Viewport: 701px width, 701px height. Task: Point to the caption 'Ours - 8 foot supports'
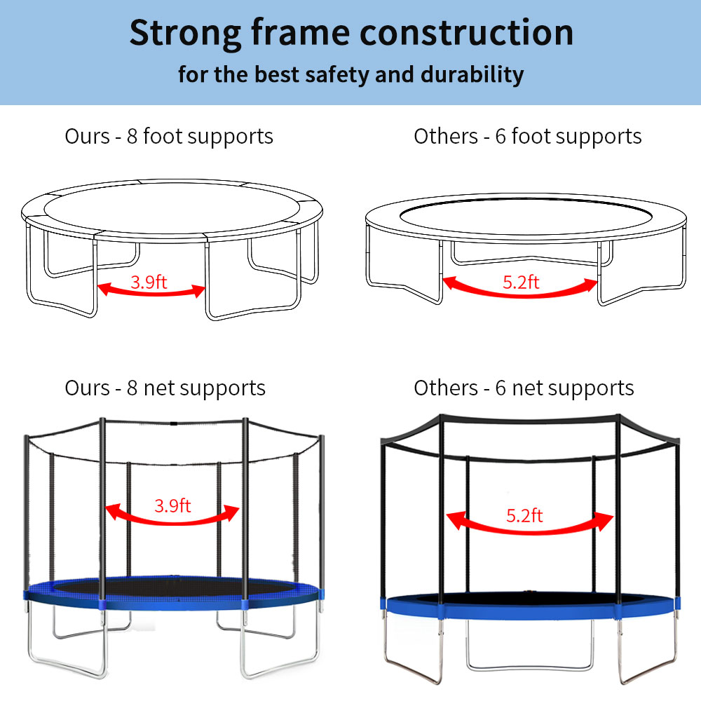[169, 136]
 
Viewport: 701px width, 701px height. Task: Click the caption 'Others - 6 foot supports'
[527, 136]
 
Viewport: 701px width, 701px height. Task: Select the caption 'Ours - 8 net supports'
[165, 388]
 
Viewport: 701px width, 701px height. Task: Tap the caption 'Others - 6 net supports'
[524, 388]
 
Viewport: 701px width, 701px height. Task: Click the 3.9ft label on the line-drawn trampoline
[149, 283]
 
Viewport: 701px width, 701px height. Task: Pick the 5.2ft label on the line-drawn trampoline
[521, 282]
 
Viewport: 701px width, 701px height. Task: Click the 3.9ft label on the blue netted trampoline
[172, 505]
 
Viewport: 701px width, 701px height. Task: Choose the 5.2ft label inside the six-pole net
[524, 516]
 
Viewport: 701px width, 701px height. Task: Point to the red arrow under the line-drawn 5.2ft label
[520, 292]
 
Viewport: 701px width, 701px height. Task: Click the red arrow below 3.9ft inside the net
[172, 517]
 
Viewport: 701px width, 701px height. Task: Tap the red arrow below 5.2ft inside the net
[529, 529]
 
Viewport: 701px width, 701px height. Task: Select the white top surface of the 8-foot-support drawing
[172, 204]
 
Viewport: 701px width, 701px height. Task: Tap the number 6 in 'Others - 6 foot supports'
[501, 136]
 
